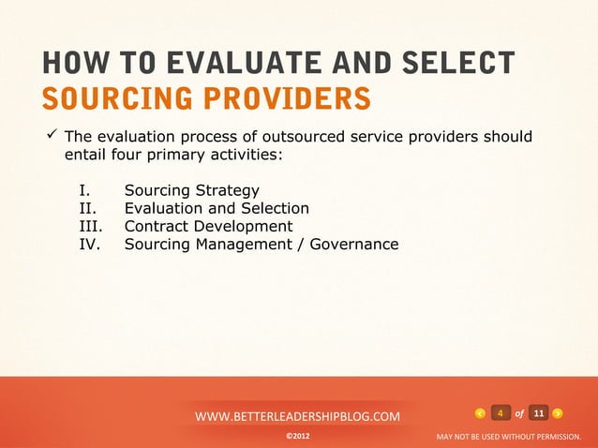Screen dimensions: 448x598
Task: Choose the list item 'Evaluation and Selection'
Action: click(217, 209)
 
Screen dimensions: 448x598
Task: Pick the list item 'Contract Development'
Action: click(208, 227)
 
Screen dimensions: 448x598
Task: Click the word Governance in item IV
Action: click(354, 245)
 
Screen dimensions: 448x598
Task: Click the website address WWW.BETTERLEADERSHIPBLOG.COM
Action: click(297, 415)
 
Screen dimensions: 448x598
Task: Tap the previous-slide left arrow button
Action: click(480, 413)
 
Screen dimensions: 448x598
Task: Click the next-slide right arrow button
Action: click(558, 413)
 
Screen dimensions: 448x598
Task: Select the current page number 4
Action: click(501, 413)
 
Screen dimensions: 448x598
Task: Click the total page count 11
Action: click(538, 413)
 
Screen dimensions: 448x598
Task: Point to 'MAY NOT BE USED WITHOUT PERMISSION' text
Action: click(509, 437)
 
